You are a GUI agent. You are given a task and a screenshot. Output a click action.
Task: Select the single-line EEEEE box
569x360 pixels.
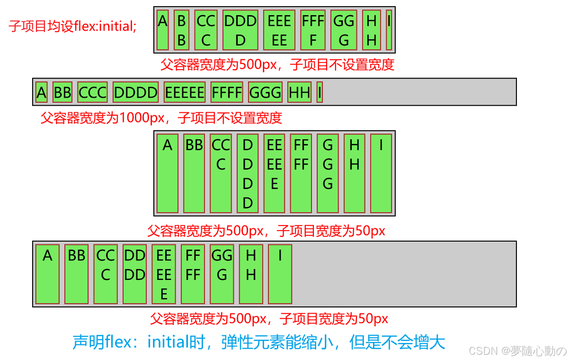click(x=185, y=92)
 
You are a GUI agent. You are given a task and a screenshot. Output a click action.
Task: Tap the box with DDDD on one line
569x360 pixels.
click(x=135, y=92)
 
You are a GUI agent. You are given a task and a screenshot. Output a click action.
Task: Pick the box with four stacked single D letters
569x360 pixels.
click(x=248, y=174)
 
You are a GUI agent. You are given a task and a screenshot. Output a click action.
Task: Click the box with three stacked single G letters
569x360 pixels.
click(x=328, y=174)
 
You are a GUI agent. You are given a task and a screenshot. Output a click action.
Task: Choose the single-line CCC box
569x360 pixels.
click(x=93, y=92)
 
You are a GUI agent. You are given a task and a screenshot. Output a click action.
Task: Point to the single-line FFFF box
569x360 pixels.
click(x=227, y=92)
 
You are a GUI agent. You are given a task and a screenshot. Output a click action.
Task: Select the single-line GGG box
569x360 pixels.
click(x=265, y=92)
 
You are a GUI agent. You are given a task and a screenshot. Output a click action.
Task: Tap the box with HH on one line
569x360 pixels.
click(x=299, y=92)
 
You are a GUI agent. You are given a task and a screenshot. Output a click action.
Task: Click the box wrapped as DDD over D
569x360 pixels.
click(x=240, y=30)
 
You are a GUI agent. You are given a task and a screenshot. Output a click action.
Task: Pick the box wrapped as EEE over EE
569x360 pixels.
click(x=279, y=30)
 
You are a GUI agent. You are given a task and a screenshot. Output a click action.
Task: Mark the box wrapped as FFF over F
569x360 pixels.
click(x=313, y=30)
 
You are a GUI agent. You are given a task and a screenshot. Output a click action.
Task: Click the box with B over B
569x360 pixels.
click(x=181, y=30)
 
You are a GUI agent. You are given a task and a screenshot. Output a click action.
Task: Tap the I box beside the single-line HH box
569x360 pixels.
click(x=320, y=92)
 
